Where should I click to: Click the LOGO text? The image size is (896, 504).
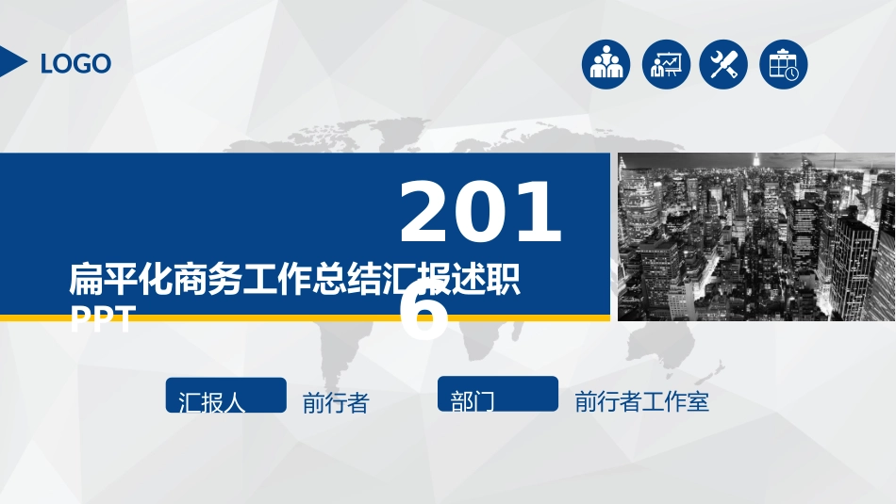point(75,64)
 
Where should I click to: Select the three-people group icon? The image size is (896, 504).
point(606,65)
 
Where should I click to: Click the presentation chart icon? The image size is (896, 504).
point(665,65)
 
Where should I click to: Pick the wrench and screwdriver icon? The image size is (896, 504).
point(724,65)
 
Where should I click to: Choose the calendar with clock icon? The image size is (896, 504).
point(784,65)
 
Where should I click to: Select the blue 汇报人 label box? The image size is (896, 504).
point(225,395)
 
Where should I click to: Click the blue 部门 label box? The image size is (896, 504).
point(498,395)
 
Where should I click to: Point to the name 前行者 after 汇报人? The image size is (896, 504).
point(335,404)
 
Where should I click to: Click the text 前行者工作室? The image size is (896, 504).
point(641,402)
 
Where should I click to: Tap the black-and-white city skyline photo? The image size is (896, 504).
point(755,236)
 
